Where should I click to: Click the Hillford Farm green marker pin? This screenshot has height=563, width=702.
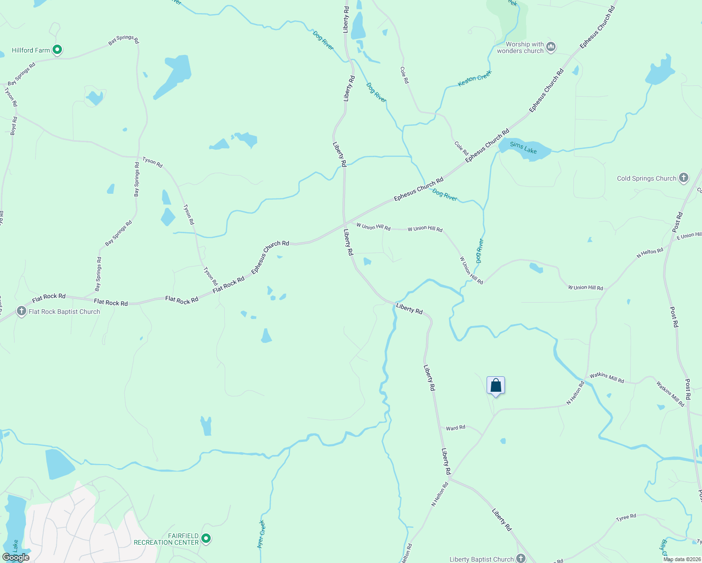[x=57, y=49]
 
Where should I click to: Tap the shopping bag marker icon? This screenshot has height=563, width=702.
[x=496, y=386]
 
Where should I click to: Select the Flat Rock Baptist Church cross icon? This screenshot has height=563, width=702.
[x=21, y=311]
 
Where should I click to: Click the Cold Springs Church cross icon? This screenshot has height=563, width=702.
[x=684, y=178]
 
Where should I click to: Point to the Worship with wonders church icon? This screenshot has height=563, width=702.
[x=551, y=47]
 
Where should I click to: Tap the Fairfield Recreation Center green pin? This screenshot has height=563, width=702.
[x=206, y=539]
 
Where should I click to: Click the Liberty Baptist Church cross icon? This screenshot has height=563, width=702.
[x=521, y=558]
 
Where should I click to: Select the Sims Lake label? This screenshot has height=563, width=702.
[x=523, y=148]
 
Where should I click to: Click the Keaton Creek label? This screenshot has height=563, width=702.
[x=474, y=78]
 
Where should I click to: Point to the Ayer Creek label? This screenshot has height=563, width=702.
[x=261, y=534]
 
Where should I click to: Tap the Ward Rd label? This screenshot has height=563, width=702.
[x=455, y=428]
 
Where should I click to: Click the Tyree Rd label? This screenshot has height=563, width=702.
[x=626, y=517]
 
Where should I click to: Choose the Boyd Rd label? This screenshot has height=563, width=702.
[x=14, y=126]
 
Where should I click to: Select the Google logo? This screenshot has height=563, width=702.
[x=16, y=557]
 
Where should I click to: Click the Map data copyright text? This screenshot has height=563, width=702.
[x=682, y=559]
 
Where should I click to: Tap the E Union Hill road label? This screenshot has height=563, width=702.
[x=688, y=236]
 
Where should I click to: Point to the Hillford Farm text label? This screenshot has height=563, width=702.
[x=31, y=50]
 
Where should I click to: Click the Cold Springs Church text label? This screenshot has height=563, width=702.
[x=647, y=178]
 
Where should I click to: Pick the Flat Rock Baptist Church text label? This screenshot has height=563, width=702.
[x=64, y=312]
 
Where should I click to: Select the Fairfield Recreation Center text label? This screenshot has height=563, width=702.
[x=166, y=539]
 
